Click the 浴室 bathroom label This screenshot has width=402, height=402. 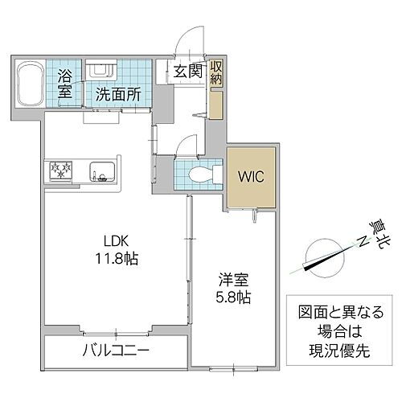click(66, 84)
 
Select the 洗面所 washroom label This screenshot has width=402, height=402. click(118, 94)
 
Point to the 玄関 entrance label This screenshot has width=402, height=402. click(187, 71)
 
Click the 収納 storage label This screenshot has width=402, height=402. click(217, 72)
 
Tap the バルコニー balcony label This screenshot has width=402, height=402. click(116, 351)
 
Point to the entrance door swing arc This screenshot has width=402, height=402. click(191, 44)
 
